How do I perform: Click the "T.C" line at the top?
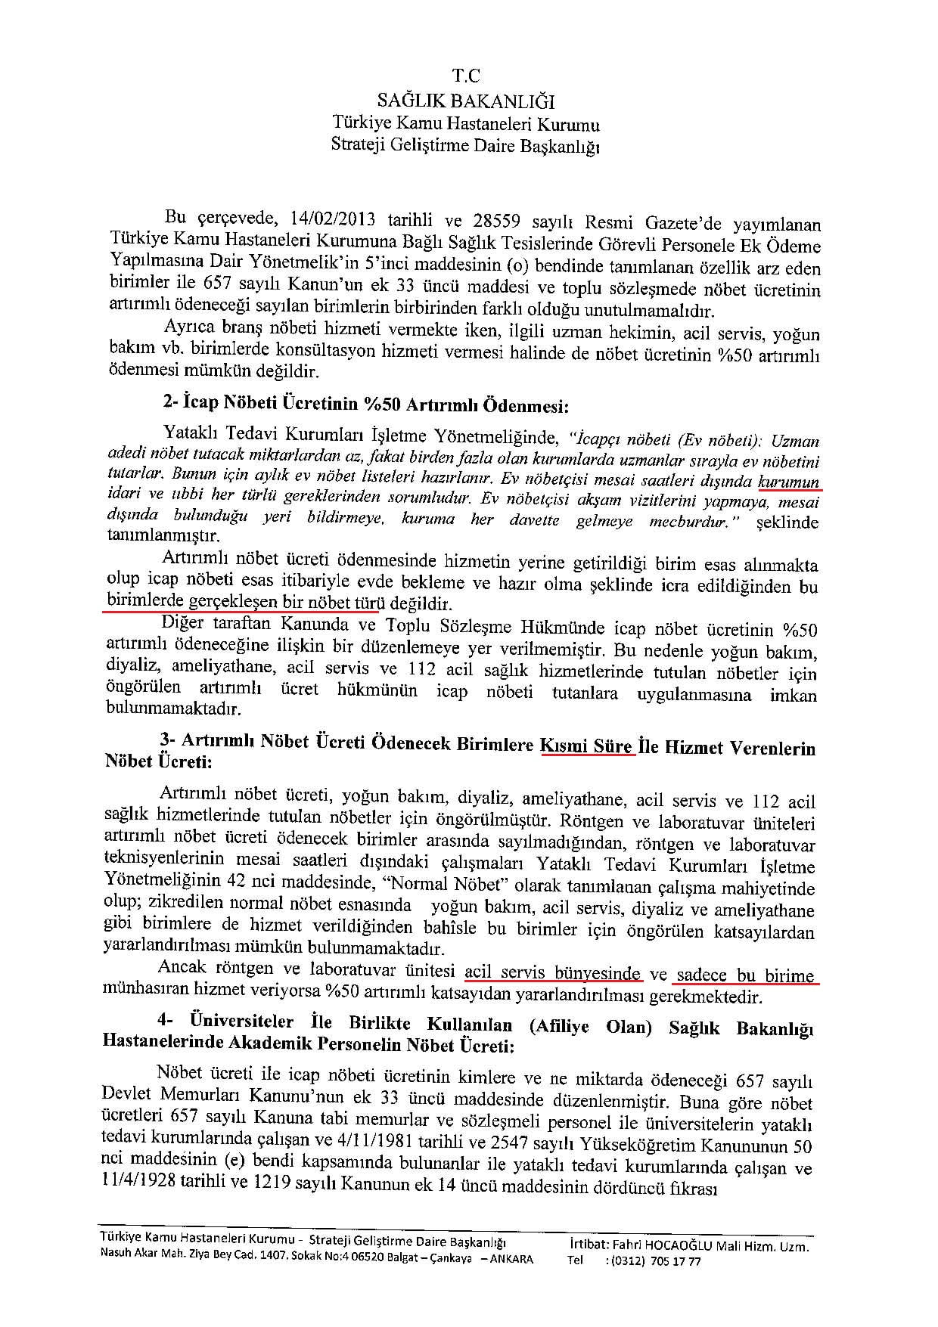click(466, 76)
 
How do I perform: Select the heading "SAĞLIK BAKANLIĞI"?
click(466, 100)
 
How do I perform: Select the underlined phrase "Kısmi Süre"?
click(587, 746)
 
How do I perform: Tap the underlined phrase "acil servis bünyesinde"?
click(553, 972)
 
